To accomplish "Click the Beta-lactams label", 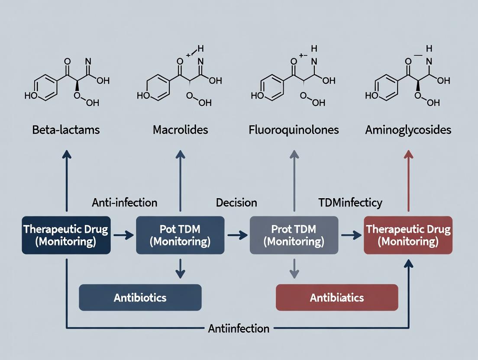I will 66,130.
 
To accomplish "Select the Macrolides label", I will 180,130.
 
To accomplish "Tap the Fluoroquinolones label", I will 294,130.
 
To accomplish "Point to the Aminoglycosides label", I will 407,130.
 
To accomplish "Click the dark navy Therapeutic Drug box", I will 66,235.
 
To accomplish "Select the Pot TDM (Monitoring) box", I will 180,235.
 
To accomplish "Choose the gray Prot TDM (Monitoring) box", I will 294,235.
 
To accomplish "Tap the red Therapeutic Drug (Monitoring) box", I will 408,235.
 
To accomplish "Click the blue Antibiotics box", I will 140,297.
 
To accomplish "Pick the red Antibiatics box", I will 337,297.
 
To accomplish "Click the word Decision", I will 236,202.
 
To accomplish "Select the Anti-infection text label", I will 125,202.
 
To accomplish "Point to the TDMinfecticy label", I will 350,202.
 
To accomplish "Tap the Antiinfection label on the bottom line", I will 239,328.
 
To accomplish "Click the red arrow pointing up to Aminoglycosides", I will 407,182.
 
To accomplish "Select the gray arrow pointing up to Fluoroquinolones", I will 294,182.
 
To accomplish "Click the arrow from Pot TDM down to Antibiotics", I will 180,268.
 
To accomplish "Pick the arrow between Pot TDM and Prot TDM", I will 237,235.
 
